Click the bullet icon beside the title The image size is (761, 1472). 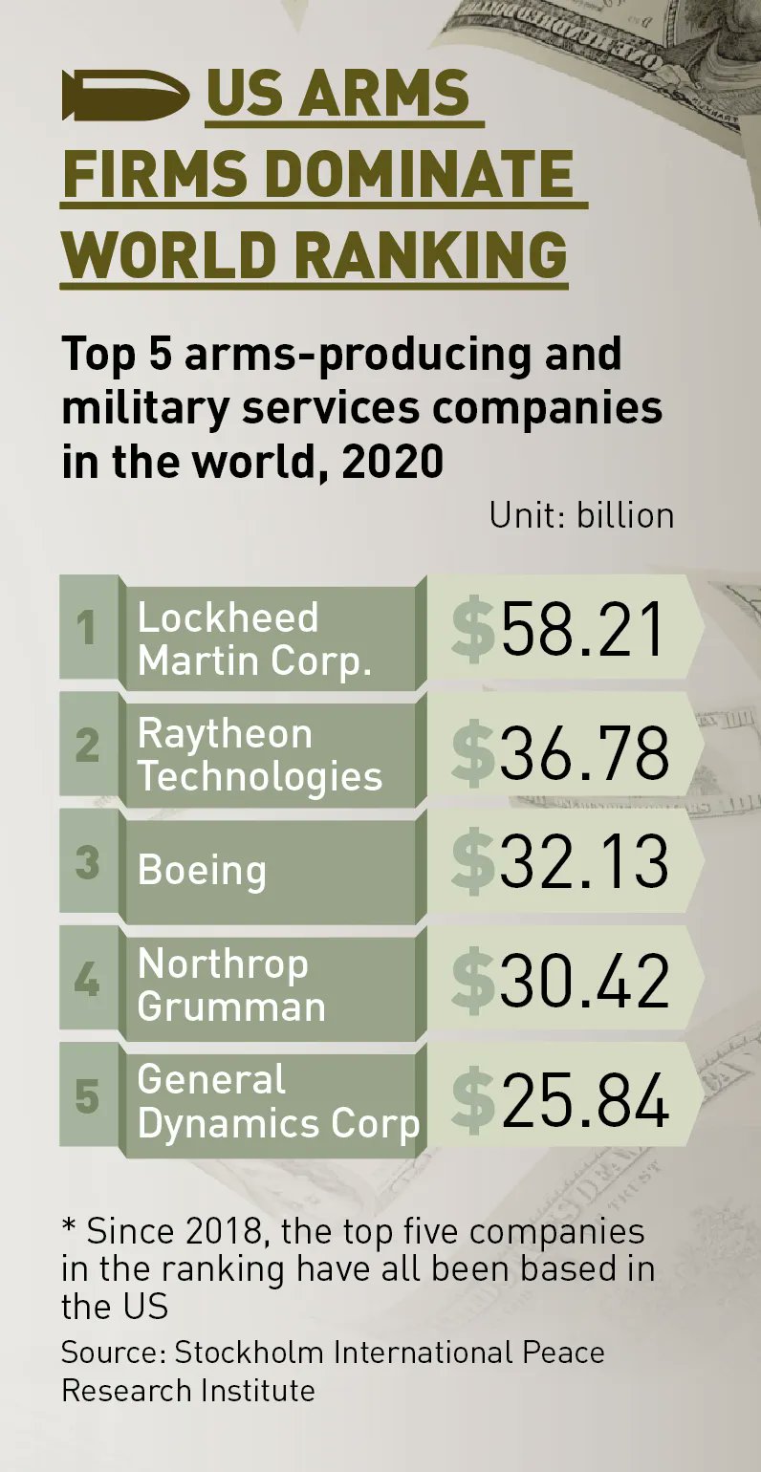[123, 95]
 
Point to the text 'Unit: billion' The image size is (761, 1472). [581, 515]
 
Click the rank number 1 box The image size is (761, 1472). [88, 628]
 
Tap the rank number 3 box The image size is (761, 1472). [88, 862]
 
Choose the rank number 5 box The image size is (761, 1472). [88, 1095]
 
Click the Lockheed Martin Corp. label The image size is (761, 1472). [253, 639]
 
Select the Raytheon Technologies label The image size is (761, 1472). [259, 755]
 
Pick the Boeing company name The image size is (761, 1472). [202, 871]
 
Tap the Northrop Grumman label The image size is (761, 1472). [231, 985]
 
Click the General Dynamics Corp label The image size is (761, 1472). [278, 1101]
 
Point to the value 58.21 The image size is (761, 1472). [582, 631]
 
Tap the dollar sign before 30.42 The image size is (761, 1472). [472, 981]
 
